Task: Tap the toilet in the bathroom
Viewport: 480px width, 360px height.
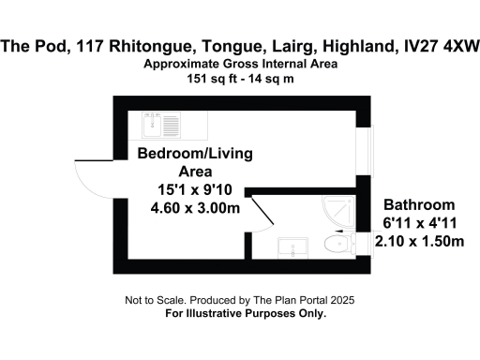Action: tap(334, 246)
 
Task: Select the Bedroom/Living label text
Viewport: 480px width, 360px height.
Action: tap(196, 154)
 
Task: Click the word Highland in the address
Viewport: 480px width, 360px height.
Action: tap(356, 43)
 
